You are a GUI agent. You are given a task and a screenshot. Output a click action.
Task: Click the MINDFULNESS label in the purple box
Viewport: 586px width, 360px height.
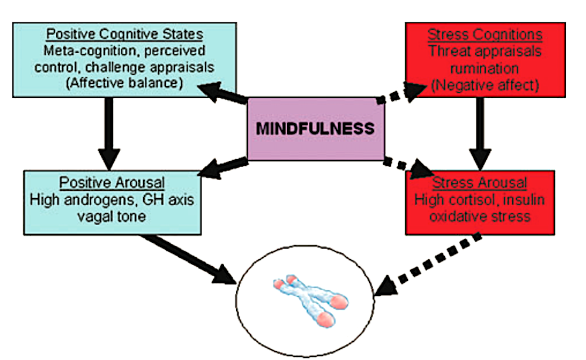pos(315,128)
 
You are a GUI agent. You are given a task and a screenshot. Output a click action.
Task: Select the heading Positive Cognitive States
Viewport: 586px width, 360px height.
pos(124,34)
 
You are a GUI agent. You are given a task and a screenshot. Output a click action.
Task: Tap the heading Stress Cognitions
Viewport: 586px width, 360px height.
pos(485,35)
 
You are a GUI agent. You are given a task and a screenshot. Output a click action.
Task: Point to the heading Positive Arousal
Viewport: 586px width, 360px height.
pos(112,182)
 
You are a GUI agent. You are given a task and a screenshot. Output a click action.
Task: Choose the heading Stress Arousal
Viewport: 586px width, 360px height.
pos(479,183)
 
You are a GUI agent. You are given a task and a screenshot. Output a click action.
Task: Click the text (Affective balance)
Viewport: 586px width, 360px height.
pos(124,83)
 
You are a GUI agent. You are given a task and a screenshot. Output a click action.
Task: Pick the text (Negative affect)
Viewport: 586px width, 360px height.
pos(485,85)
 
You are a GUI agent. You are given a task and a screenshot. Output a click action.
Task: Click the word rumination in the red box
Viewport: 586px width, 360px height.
pos(485,69)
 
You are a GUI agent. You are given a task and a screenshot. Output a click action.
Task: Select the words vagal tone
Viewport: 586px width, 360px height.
pos(111,216)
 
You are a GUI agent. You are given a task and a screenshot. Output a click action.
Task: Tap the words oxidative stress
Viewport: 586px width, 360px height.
pos(480,216)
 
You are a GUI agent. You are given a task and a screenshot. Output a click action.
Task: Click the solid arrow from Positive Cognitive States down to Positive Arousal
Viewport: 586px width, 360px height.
pos(109,134)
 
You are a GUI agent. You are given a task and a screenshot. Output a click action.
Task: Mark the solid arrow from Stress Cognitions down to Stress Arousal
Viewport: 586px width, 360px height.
pos(480,134)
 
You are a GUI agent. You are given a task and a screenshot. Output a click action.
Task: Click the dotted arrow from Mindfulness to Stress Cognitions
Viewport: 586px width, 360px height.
pos(402,93)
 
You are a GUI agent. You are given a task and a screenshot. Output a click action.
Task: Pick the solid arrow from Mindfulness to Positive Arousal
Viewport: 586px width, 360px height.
pos(223,168)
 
